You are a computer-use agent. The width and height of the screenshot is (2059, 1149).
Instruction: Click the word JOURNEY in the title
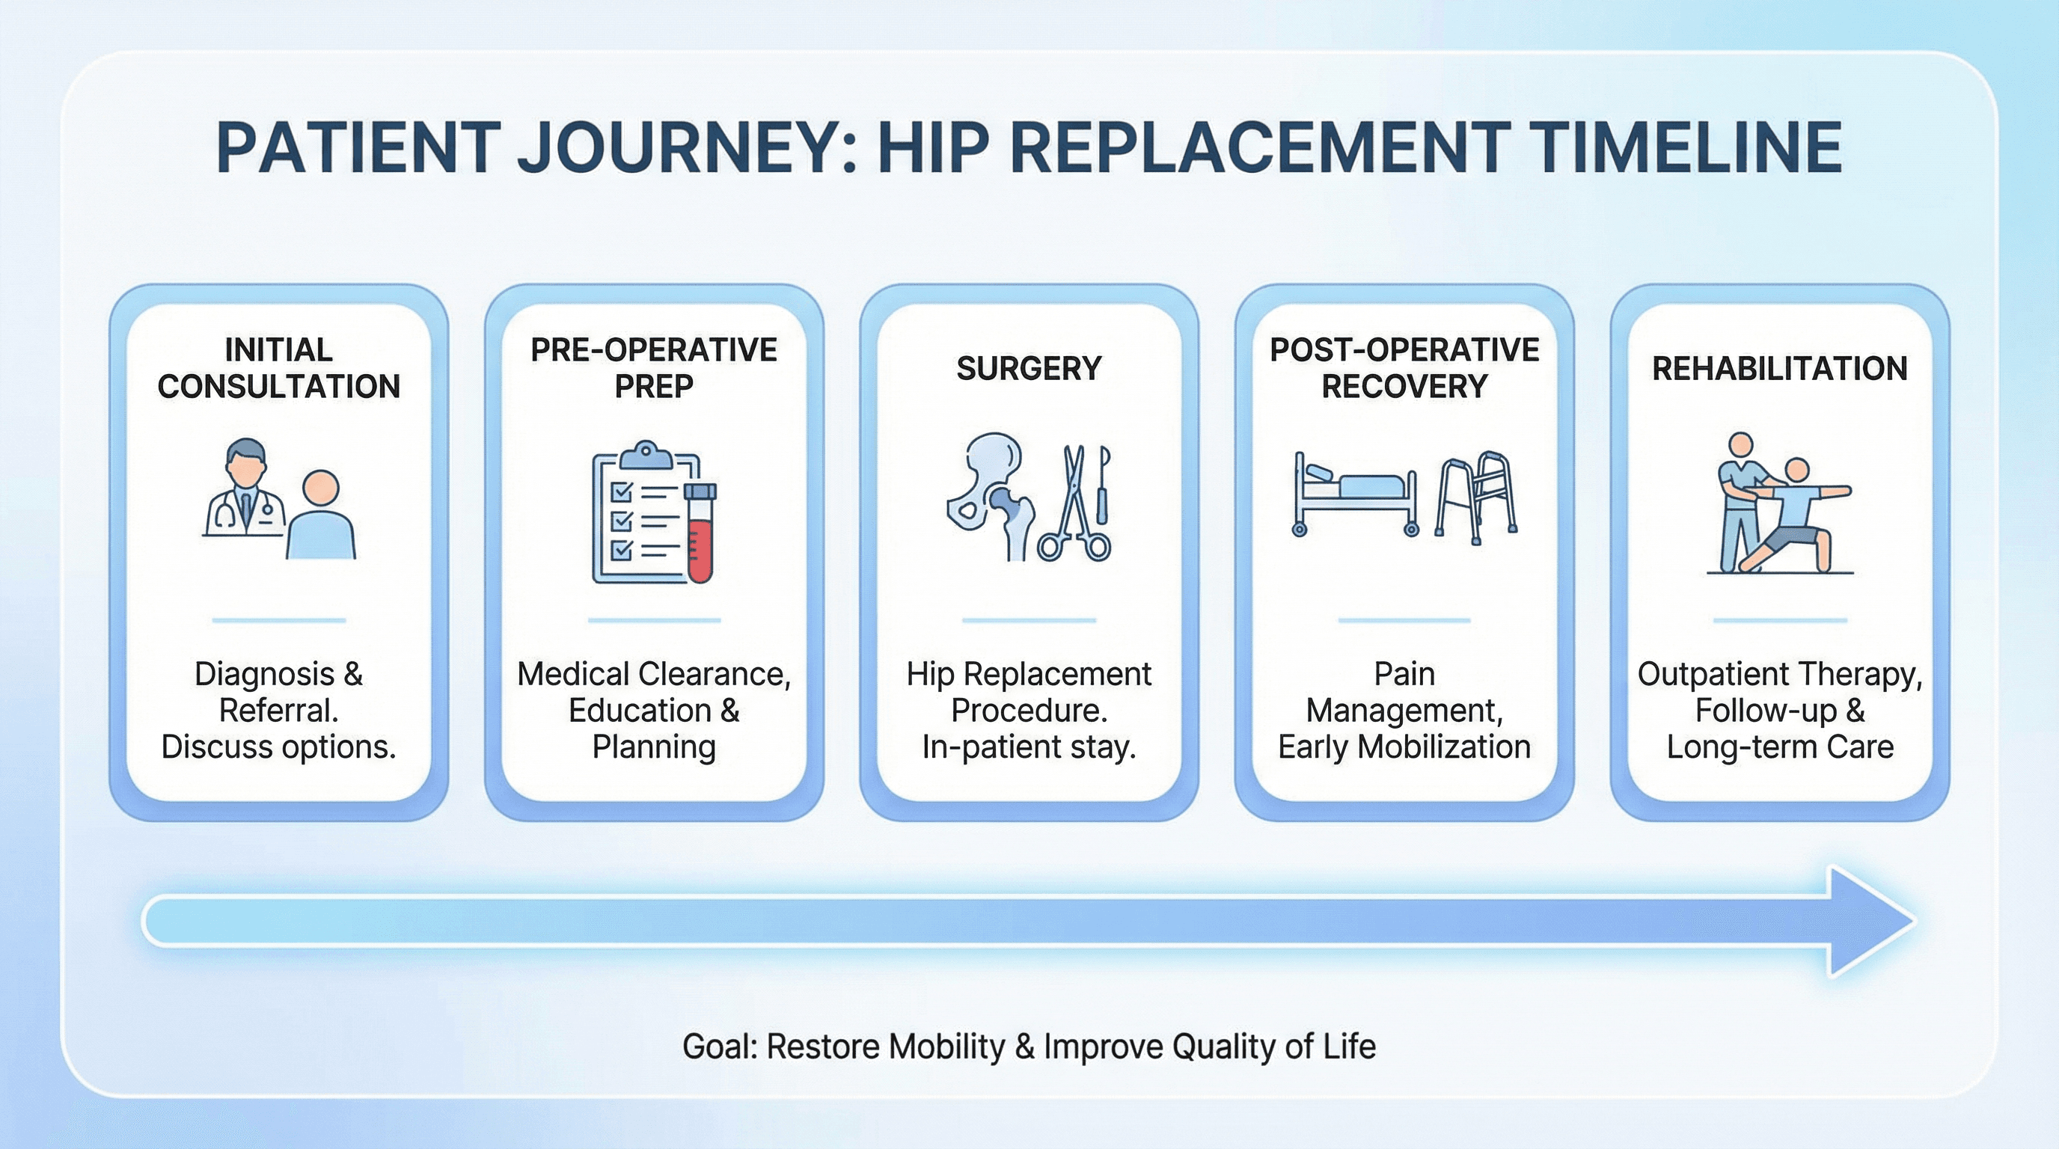point(688,148)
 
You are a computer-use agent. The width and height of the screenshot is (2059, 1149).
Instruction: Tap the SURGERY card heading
point(1029,368)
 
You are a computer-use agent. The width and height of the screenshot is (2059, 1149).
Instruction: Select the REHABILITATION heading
point(1779,368)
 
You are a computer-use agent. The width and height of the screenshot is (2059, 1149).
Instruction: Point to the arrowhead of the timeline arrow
point(1870,921)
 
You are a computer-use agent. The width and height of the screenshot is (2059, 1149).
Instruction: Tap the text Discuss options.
point(278,747)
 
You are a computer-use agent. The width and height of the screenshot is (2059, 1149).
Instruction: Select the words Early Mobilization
point(1404,747)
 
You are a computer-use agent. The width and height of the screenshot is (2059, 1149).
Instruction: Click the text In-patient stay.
point(1029,747)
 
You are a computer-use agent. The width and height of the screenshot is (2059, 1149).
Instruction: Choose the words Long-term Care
point(1779,747)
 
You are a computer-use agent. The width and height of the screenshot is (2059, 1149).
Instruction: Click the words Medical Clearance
point(653,675)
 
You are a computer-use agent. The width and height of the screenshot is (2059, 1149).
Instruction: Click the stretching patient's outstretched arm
point(1826,491)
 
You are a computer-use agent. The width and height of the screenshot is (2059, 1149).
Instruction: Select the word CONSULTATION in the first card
point(278,387)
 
